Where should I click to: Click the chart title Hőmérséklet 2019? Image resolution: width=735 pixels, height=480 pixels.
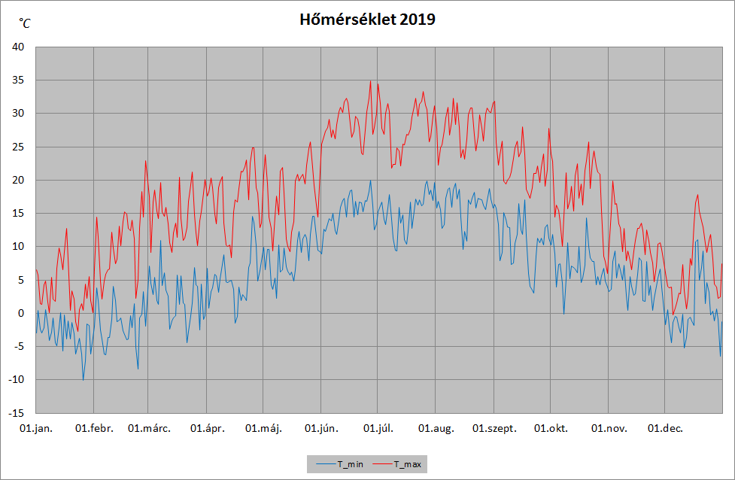click(367, 20)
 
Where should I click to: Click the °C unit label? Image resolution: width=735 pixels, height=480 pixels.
click(24, 23)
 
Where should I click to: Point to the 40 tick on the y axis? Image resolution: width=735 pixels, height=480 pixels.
click(18, 47)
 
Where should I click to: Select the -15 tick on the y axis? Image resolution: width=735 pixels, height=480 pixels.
click(16, 413)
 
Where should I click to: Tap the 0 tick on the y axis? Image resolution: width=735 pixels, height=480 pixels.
click(20, 313)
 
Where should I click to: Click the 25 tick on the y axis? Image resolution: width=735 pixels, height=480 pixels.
click(18, 147)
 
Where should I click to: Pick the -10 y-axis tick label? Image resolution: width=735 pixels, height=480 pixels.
click(16, 380)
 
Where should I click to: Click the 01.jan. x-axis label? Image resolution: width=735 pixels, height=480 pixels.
click(36, 428)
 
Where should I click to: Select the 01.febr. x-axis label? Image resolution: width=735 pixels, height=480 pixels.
click(94, 428)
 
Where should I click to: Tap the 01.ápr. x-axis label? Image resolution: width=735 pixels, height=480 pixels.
click(207, 428)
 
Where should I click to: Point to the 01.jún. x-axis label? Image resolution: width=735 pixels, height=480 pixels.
click(321, 428)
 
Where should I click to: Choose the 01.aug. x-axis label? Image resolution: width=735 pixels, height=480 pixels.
click(436, 428)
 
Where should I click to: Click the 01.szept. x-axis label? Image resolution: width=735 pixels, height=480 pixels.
click(494, 428)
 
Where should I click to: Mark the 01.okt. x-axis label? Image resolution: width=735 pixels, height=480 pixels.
click(551, 428)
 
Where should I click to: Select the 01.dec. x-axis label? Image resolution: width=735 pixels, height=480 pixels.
click(665, 428)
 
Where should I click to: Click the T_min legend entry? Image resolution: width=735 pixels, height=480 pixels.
click(339, 464)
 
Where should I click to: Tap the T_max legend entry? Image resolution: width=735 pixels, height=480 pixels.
click(397, 464)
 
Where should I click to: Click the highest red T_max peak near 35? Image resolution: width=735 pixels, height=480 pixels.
click(370, 81)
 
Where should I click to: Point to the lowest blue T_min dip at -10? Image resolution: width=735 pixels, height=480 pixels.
click(83, 380)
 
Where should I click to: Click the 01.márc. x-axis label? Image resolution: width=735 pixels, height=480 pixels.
click(149, 428)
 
